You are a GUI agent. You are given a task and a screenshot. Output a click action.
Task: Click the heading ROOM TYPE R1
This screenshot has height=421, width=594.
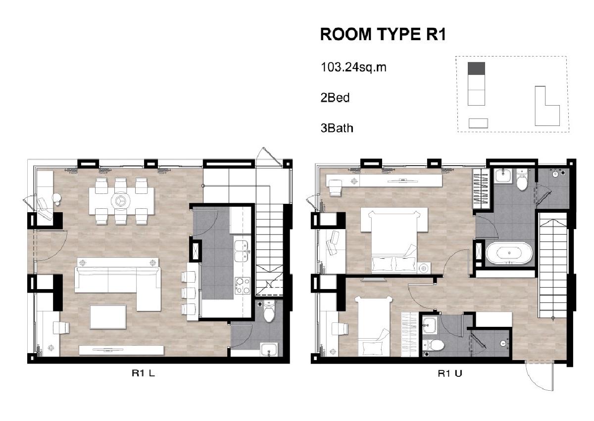click(x=383, y=35)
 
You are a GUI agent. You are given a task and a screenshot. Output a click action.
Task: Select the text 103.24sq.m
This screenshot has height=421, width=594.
click(x=353, y=67)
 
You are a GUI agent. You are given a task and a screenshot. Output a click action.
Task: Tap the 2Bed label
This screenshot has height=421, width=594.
click(x=335, y=98)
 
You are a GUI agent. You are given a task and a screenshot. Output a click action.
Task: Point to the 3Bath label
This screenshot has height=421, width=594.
click(x=337, y=128)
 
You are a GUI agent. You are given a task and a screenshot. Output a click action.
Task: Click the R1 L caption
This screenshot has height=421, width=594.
click(x=143, y=373)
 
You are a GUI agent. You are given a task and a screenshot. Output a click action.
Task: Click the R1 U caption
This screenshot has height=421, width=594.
click(x=450, y=374)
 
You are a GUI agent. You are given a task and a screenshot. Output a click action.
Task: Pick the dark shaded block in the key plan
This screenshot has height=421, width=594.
click(x=476, y=68)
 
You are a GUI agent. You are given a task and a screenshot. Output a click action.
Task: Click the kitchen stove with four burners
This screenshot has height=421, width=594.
click(x=243, y=286)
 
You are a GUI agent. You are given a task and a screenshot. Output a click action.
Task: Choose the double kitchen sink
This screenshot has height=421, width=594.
click(x=242, y=251)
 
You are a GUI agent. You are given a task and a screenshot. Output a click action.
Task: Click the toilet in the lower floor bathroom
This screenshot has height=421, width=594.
click(x=269, y=311)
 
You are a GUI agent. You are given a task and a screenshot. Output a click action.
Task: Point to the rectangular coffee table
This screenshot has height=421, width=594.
click(x=108, y=316)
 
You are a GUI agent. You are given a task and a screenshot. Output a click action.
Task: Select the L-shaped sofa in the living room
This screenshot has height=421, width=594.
click(x=118, y=284)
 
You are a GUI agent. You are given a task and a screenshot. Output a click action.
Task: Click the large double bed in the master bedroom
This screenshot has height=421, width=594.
click(x=394, y=241)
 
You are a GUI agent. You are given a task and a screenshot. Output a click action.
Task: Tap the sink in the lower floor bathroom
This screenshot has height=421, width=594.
click(x=269, y=350)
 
